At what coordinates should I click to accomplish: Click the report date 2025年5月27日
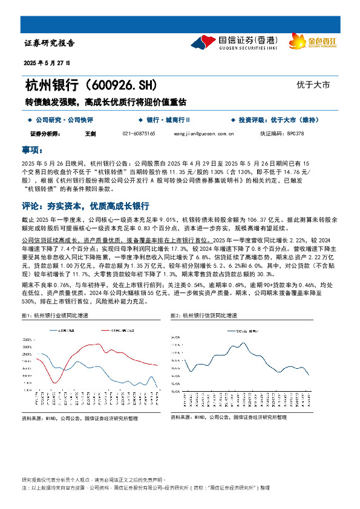(47, 62)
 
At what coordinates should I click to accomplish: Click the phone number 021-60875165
(139, 133)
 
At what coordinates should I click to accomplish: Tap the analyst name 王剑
(91, 133)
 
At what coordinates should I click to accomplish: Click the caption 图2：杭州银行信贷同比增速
(204, 316)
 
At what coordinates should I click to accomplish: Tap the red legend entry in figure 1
(112, 330)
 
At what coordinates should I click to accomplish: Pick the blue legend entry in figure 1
(67, 330)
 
